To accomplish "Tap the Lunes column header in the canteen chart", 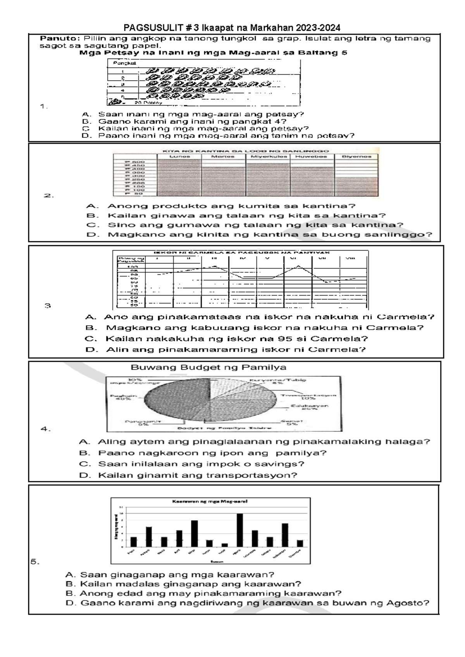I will coord(179,157).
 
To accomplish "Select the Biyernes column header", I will coord(356,157).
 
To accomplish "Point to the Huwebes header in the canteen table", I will coord(311,157).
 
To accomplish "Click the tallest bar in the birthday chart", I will coord(240,530).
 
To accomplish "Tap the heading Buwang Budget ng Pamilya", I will coord(208,367).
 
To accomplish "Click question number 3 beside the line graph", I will coord(47,306).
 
